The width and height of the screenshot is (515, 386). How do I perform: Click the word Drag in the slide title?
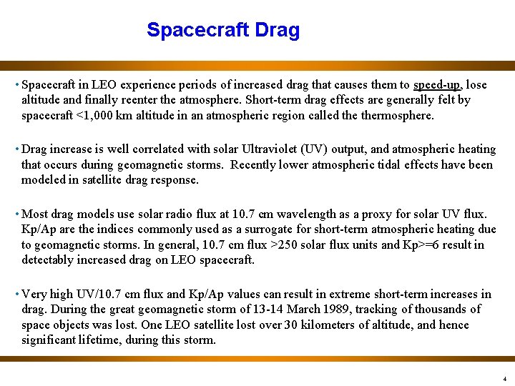pyautogui.click(x=275, y=30)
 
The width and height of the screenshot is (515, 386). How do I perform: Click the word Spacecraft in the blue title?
pyautogui.click(x=197, y=30)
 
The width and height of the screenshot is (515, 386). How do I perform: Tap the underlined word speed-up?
pyautogui.click(x=438, y=84)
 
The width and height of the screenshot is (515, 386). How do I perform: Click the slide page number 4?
pyautogui.click(x=505, y=378)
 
